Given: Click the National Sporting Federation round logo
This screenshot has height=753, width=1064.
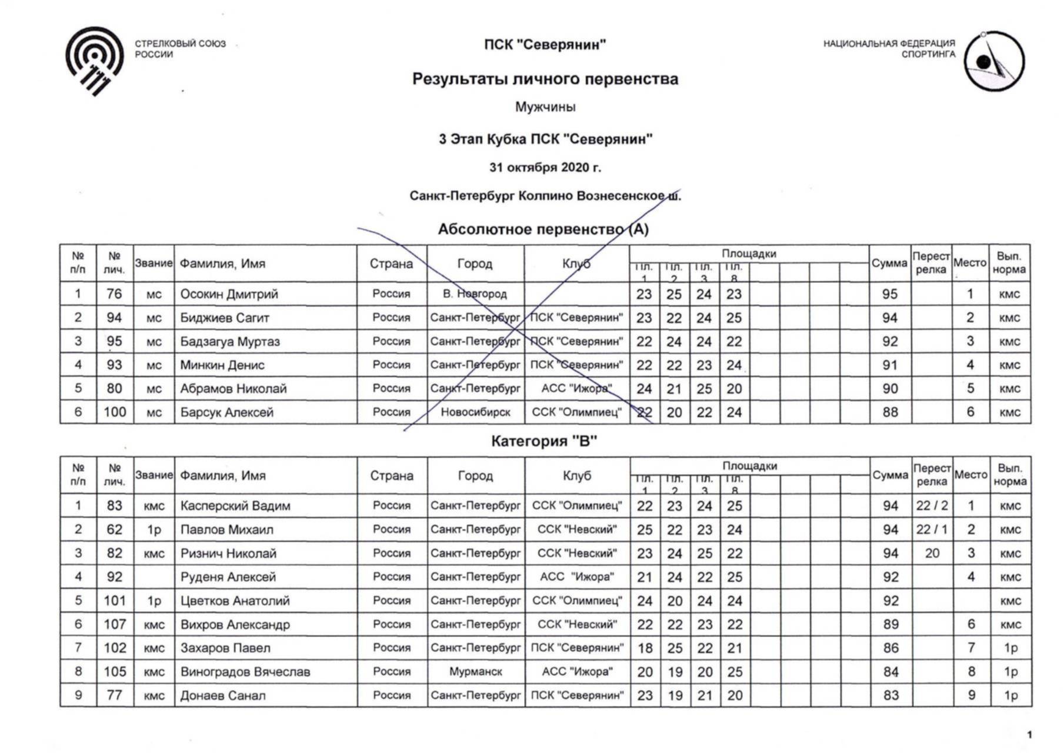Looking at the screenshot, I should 994,61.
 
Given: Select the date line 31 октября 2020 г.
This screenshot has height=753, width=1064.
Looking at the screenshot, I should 545,168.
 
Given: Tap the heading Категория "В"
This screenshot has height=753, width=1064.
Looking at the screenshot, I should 544,441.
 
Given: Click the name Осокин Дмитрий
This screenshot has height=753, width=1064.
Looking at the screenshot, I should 229,294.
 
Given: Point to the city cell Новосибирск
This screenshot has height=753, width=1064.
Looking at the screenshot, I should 475,412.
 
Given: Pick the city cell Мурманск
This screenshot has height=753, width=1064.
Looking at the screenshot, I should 475,672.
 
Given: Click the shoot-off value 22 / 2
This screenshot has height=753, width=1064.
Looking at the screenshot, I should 932,506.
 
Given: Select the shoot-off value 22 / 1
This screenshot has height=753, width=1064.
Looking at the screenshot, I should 932,529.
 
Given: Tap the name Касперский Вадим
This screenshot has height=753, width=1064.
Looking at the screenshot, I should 235,506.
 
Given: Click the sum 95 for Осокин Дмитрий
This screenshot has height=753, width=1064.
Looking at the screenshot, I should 889,294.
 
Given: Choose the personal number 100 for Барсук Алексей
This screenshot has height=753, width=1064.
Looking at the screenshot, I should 115,412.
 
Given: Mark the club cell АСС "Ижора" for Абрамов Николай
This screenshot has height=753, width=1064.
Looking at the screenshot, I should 576,389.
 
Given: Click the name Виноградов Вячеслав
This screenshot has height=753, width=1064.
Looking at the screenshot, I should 245,672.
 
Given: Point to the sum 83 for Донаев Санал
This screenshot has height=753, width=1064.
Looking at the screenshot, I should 890,695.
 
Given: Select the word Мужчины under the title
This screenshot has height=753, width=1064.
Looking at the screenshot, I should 545,107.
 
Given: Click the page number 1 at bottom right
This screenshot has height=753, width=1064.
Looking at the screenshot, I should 1029,735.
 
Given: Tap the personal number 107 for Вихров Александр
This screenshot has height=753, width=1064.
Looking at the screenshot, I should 115,624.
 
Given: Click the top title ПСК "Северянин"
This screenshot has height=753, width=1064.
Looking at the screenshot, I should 545,45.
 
